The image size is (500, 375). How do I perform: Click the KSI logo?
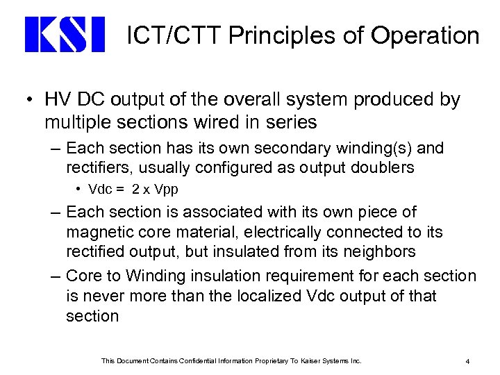64,35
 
